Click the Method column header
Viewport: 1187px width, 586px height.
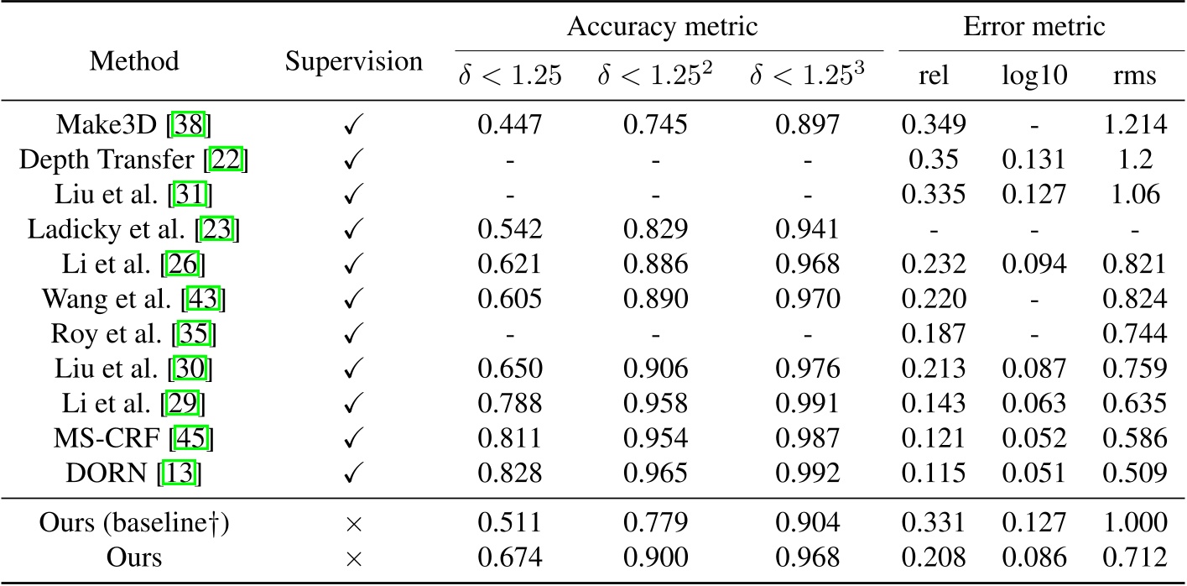click(x=134, y=60)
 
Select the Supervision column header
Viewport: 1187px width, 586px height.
click(x=353, y=60)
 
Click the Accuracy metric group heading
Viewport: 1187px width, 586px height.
click(x=662, y=26)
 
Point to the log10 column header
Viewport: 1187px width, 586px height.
click(x=1033, y=76)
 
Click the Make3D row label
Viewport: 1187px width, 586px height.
click(x=134, y=125)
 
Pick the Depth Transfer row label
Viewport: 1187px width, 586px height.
click(x=134, y=159)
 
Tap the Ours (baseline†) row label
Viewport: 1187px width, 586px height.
click(x=134, y=523)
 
